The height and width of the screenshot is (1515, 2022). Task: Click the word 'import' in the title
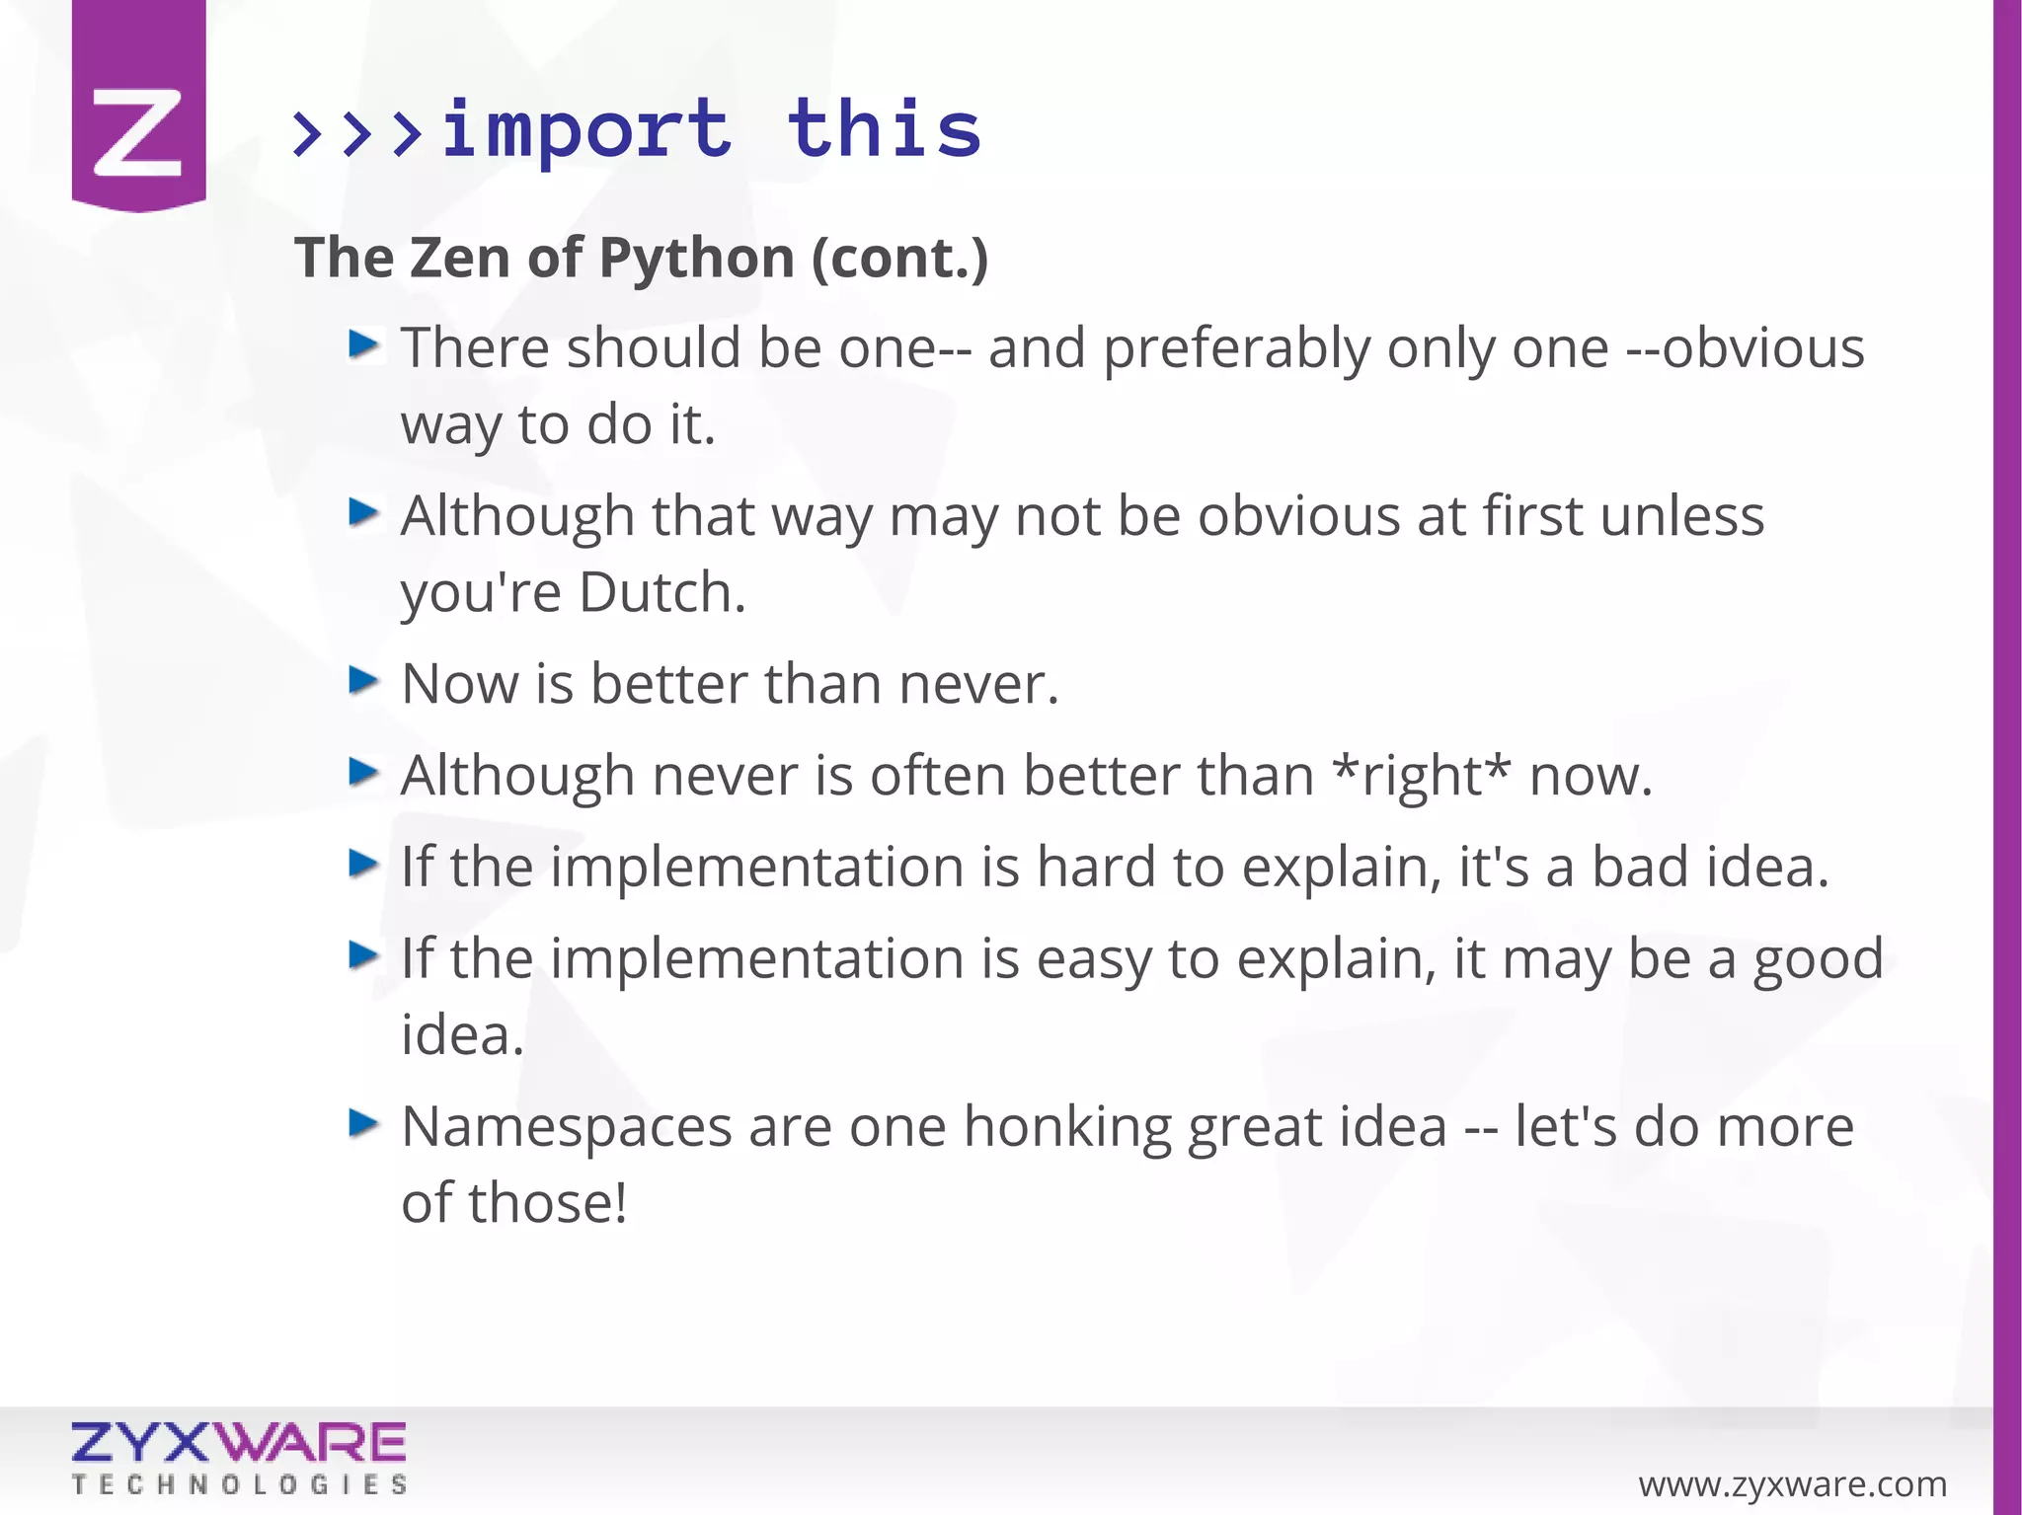[586, 130]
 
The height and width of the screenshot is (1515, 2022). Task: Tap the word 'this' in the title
[884, 130]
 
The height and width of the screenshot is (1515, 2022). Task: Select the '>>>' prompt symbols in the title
[358, 133]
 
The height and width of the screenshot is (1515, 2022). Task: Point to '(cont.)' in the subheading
[899, 259]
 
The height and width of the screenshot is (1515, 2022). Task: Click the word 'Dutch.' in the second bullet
[662, 593]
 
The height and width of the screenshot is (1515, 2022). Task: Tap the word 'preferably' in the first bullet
[1235, 349]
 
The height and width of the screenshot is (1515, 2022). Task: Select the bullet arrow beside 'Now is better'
[364, 680]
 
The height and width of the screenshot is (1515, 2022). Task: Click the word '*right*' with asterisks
[1421, 776]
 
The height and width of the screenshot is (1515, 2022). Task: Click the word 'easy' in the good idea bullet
[1093, 959]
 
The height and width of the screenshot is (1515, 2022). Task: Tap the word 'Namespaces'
[567, 1127]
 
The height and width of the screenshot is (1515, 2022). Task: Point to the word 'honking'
[1066, 1127]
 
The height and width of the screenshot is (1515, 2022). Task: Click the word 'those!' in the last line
[547, 1203]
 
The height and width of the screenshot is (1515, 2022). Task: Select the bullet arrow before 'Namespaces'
[364, 1123]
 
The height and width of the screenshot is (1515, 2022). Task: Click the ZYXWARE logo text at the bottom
[238, 1443]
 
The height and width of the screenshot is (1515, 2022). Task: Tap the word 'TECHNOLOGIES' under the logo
[238, 1485]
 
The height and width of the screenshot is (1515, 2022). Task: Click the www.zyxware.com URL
[1792, 1483]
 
